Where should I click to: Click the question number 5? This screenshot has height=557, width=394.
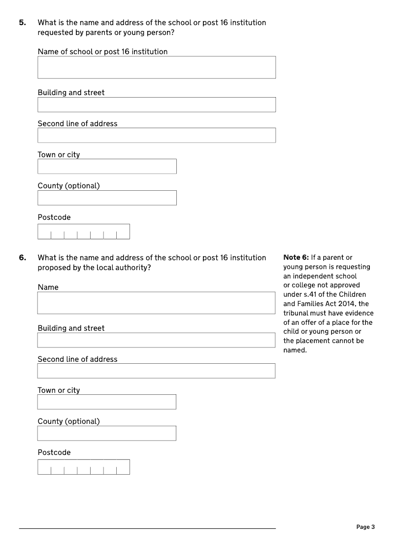tap(22, 23)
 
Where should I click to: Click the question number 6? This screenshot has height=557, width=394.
tap(22, 258)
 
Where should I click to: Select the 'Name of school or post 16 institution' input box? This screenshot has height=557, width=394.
tap(157, 67)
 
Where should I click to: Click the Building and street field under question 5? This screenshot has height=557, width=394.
tap(157, 104)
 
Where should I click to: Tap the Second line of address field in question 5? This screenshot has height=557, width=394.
tap(157, 136)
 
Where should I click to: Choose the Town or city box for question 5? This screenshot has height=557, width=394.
tap(107, 167)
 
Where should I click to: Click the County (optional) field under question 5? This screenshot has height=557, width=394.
tap(107, 198)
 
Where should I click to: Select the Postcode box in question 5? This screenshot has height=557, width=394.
tap(84, 232)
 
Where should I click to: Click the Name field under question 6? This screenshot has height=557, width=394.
tap(156, 303)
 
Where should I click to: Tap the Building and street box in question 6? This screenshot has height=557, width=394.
tap(156, 340)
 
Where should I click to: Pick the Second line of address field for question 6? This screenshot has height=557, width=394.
tap(156, 371)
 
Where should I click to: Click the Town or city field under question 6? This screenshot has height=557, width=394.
tap(106, 402)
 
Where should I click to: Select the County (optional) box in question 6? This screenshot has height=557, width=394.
tap(106, 433)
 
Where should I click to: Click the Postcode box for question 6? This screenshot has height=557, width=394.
tap(84, 467)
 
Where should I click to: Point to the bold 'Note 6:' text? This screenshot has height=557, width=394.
tap(296, 258)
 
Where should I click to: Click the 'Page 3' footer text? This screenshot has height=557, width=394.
tap(365, 527)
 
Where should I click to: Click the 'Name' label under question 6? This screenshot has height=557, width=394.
tap(48, 287)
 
